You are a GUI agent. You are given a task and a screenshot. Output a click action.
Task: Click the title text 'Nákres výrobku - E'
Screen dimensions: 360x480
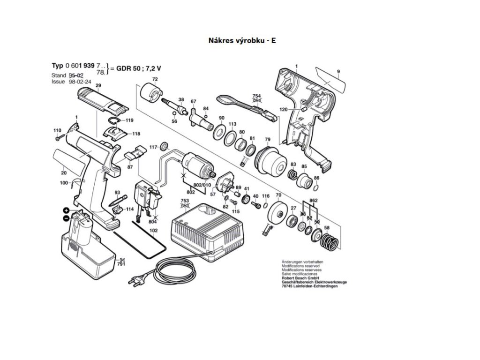click(242, 40)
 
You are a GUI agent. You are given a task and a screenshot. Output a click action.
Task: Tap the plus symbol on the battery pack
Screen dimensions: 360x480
click(67, 210)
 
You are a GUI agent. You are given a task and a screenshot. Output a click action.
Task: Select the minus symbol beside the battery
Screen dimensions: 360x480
click(67, 218)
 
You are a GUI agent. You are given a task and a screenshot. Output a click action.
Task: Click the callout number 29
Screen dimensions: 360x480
click(98, 85)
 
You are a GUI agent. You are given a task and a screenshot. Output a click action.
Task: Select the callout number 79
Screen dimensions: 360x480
click(268, 139)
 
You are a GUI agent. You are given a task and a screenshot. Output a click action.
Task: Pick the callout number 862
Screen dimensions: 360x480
click(314, 201)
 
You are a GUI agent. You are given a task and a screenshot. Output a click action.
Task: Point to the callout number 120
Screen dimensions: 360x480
click(284, 109)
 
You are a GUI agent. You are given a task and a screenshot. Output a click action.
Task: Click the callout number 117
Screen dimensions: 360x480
click(153, 147)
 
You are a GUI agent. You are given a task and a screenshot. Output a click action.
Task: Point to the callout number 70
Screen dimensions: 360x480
click(278, 195)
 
